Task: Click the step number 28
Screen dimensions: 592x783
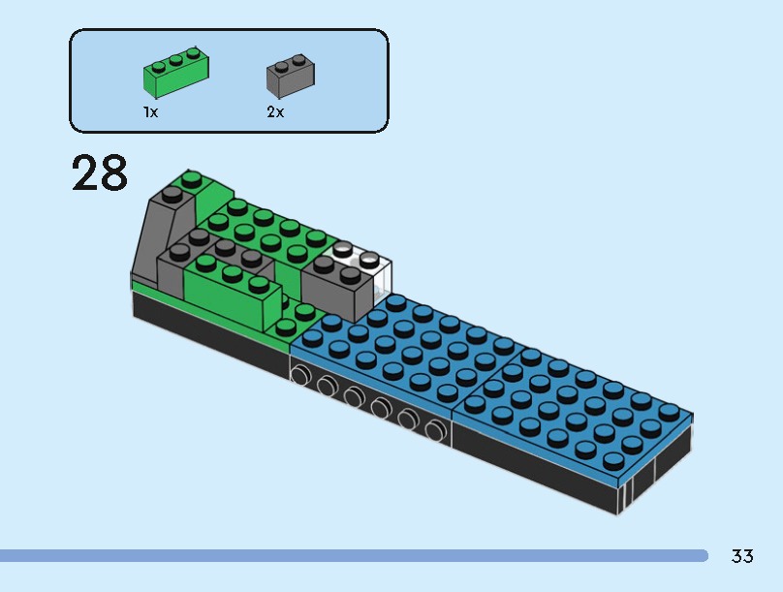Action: (x=100, y=174)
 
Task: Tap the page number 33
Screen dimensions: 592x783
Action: (x=742, y=556)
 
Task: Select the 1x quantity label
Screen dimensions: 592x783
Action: (x=150, y=112)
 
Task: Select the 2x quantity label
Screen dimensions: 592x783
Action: (x=275, y=112)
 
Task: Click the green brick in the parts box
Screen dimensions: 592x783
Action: (x=177, y=73)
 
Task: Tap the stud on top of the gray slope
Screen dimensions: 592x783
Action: (x=171, y=194)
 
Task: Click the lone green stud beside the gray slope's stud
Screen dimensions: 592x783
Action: (x=193, y=178)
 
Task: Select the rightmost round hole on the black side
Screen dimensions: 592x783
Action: (x=435, y=428)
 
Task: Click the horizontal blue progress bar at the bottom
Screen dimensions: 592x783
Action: (x=354, y=556)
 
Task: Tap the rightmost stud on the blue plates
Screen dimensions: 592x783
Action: (x=669, y=411)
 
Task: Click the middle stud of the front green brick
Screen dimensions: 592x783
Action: (x=233, y=273)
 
